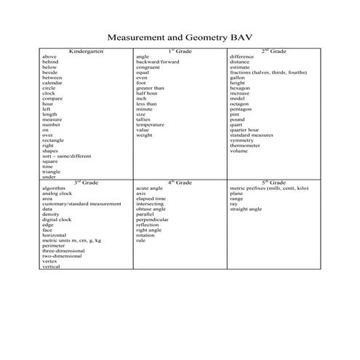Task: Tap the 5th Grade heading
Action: (274, 182)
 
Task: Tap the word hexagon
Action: (241, 88)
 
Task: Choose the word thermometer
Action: (247, 145)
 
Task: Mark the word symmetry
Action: (242, 140)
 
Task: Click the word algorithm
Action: (55, 188)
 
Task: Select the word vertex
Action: (51, 261)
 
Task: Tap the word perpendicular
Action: (153, 219)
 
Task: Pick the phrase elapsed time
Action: (151, 199)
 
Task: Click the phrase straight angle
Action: (246, 209)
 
